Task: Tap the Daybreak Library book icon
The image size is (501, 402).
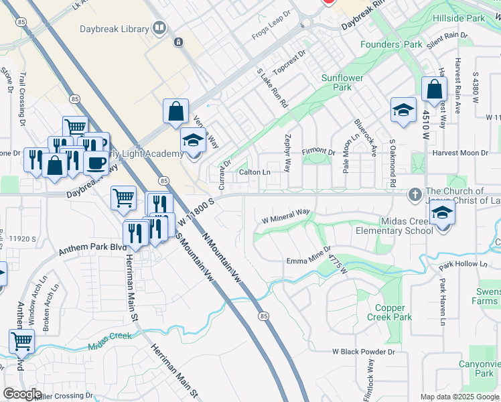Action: click(159, 28)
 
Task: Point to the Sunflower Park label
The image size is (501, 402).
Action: click(342, 82)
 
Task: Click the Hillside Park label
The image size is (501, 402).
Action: click(459, 19)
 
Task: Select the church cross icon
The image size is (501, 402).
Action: click(415, 195)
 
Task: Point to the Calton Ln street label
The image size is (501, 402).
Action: click(255, 172)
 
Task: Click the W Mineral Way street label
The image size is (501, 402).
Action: click(285, 215)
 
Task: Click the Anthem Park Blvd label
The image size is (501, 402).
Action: click(92, 249)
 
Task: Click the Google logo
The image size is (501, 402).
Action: click(22, 394)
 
